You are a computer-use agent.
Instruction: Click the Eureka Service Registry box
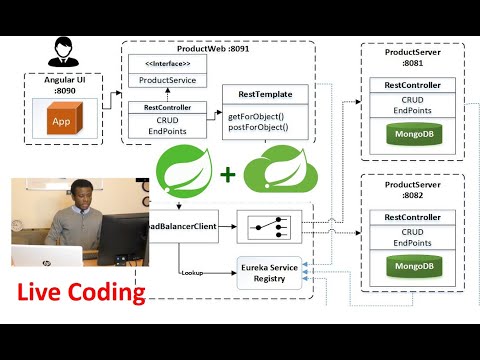[x=273, y=273]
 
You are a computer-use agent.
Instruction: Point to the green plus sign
[x=228, y=175]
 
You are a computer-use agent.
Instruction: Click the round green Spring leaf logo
[x=184, y=168]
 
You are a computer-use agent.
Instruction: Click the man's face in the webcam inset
[x=77, y=196]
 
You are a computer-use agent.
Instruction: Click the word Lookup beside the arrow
[x=195, y=272]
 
